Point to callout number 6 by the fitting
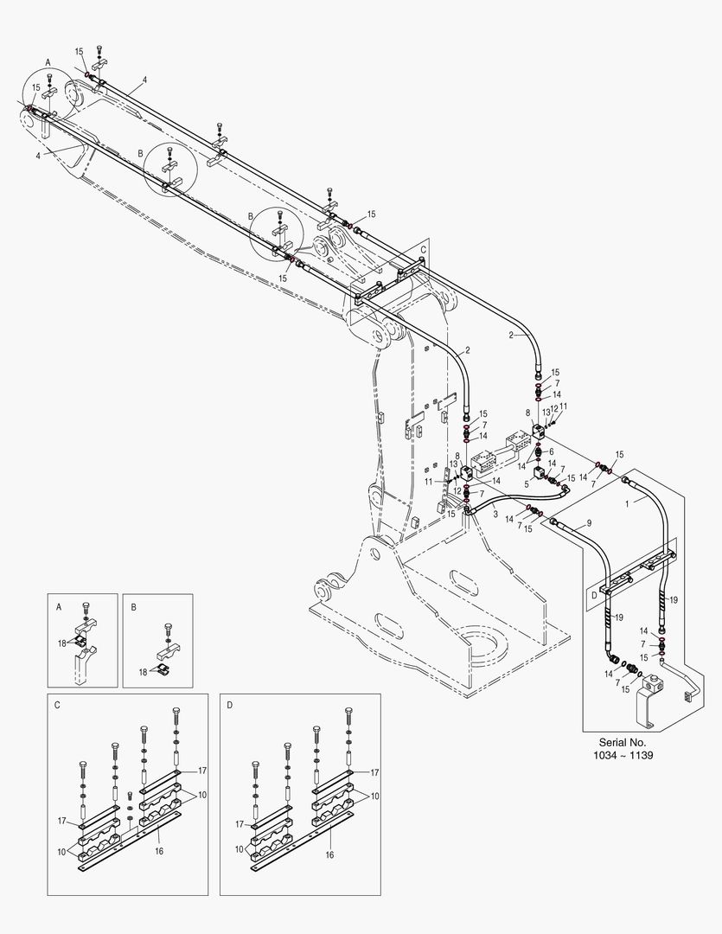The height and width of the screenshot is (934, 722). point(551,451)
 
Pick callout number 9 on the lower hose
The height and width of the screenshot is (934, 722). point(588,523)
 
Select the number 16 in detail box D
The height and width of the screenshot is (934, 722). point(330,853)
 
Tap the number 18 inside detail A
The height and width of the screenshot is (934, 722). point(62,643)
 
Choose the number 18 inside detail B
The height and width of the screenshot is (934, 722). point(144,671)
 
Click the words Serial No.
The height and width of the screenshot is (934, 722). point(623,742)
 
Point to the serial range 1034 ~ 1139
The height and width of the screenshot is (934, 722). point(623,755)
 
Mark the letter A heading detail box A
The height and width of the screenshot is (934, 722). point(59,608)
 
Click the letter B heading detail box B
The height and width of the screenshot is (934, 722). point(134,608)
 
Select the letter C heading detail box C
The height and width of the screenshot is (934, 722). point(57,705)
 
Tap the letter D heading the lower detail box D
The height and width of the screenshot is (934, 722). point(230,705)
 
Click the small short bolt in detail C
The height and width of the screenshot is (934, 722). point(130,795)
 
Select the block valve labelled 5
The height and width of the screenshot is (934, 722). point(541,473)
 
